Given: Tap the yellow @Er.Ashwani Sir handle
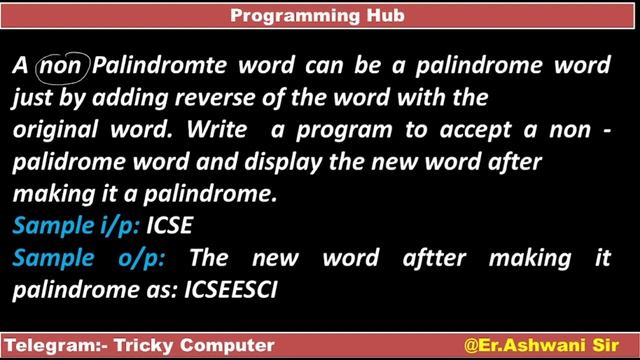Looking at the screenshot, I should pyautogui.click(x=541, y=345).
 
